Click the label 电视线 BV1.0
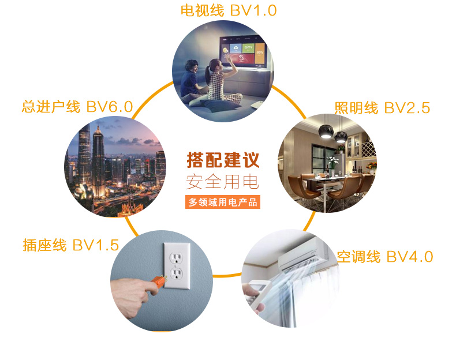click(229, 10)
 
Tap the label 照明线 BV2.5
click(382, 108)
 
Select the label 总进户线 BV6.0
click(77, 107)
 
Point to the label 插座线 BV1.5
click(71, 245)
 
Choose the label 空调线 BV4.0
click(385, 257)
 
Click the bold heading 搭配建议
click(223, 160)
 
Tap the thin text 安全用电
click(222, 182)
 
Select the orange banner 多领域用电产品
click(223, 202)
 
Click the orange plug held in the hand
click(159, 282)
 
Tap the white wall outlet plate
click(177, 266)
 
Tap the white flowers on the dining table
click(332, 161)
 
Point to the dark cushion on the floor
click(220, 105)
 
